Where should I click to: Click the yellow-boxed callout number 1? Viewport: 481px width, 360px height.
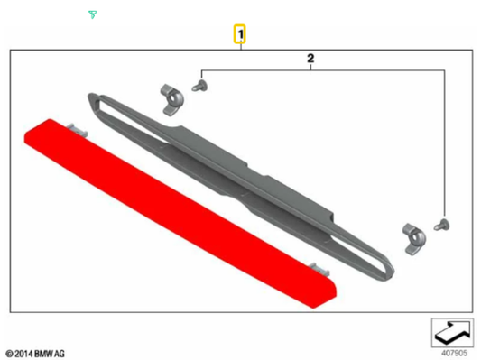point(240,33)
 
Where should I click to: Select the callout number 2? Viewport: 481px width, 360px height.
point(310,58)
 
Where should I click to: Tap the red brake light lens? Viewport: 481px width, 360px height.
point(180,213)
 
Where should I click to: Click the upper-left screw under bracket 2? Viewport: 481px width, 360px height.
point(200,86)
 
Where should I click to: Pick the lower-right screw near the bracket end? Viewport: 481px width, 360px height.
point(442,225)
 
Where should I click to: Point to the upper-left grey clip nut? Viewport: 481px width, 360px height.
point(171,99)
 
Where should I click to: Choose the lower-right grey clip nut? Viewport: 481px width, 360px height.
point(414,239)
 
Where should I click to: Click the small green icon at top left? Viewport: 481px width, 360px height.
point(93,14)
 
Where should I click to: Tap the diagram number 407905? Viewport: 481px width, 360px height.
point(454,354)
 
